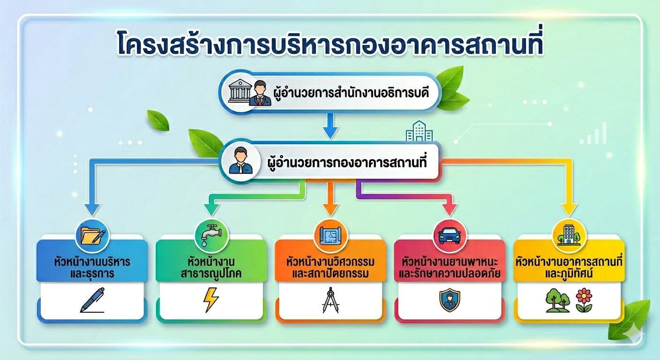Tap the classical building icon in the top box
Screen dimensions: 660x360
[x=240, y=90]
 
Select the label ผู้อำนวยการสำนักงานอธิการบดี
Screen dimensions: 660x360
[x=351, y=93]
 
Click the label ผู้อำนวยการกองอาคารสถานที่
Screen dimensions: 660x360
[x=347, y=162]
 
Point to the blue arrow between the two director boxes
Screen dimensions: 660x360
[x=330, y=126]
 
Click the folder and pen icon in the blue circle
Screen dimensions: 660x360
[x=92, y=236]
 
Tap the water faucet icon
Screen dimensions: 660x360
[x=211, y=235]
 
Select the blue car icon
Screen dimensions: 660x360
[x=450, y=235]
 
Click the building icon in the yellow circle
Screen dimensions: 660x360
[x=569, y=235]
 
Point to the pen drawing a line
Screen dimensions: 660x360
[x=92, y=300]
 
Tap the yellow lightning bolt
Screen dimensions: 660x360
[x=211, y=300]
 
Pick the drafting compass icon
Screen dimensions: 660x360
[x=330, y=300]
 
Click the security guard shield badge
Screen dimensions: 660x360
[x=450, y=300]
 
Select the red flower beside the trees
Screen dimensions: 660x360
[x=584, y=300]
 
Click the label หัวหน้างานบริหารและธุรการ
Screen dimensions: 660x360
[x=92, y=268]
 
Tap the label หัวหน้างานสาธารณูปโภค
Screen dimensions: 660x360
[x=211, y=268]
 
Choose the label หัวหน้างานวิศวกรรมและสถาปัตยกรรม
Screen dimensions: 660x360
[x=330, y=268]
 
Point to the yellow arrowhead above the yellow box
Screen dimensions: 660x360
[x=569, y=210]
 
